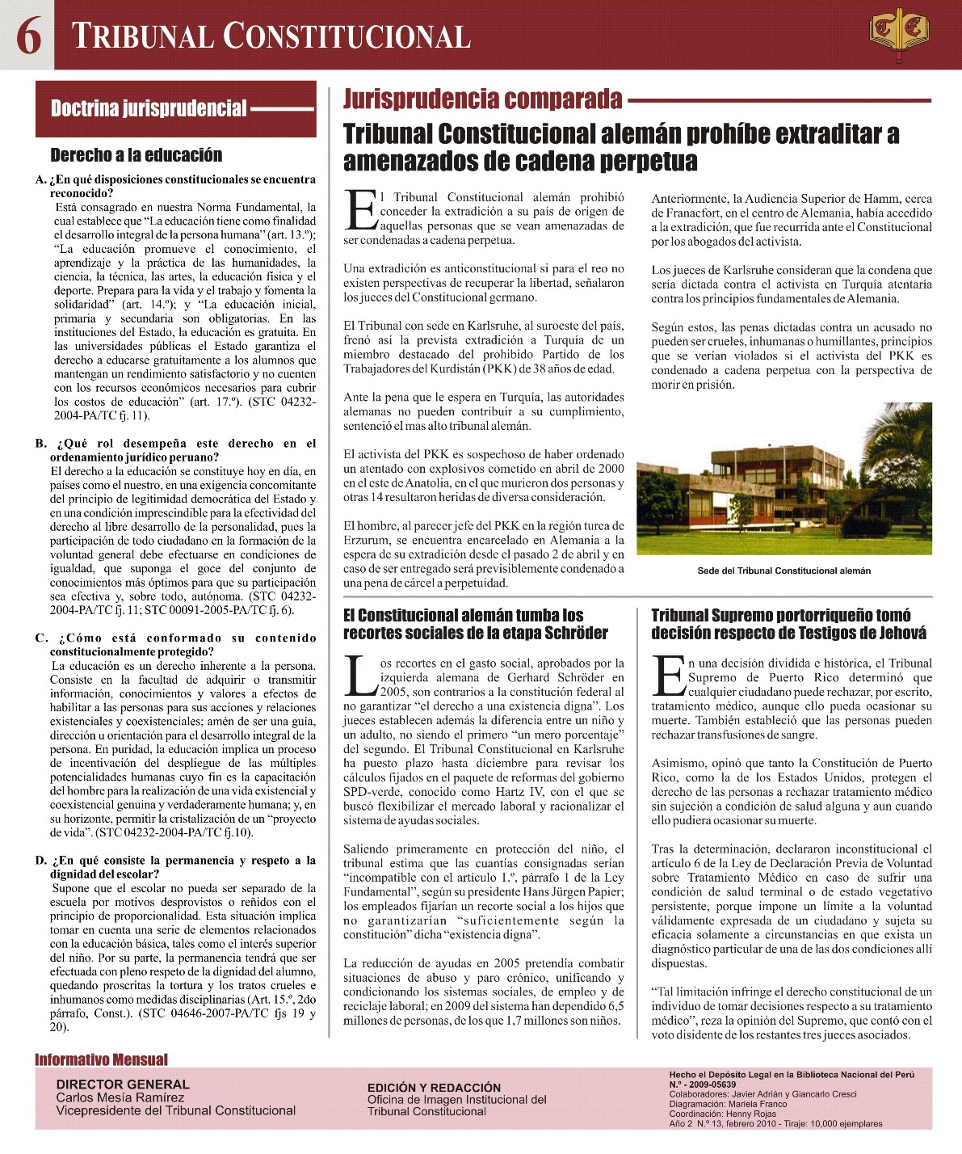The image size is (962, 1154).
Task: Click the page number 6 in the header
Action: coord(28,36)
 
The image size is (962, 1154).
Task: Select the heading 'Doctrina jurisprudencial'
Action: coord(149,109)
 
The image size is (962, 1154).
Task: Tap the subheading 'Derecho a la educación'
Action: coord(136,155)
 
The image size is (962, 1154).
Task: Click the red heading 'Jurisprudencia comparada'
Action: coord(482,99)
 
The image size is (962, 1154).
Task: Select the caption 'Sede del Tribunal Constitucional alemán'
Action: coord(783,571)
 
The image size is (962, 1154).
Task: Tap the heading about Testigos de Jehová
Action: coord(788,624)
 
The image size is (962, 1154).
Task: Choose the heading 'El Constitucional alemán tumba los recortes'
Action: coord(475,624)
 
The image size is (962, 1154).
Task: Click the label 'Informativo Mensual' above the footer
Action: coord(101,1059)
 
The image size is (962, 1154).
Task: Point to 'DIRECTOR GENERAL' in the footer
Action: coord(123,1085)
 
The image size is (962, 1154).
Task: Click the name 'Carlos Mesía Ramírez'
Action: coord(120,1097)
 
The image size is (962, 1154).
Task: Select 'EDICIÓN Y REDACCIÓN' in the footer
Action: coord(434,1088)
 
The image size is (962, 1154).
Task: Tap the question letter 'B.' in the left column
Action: coord(41,444)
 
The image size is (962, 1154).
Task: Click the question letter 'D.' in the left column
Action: coord(41,861)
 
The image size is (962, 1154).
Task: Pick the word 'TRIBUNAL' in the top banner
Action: coord(142,36)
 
